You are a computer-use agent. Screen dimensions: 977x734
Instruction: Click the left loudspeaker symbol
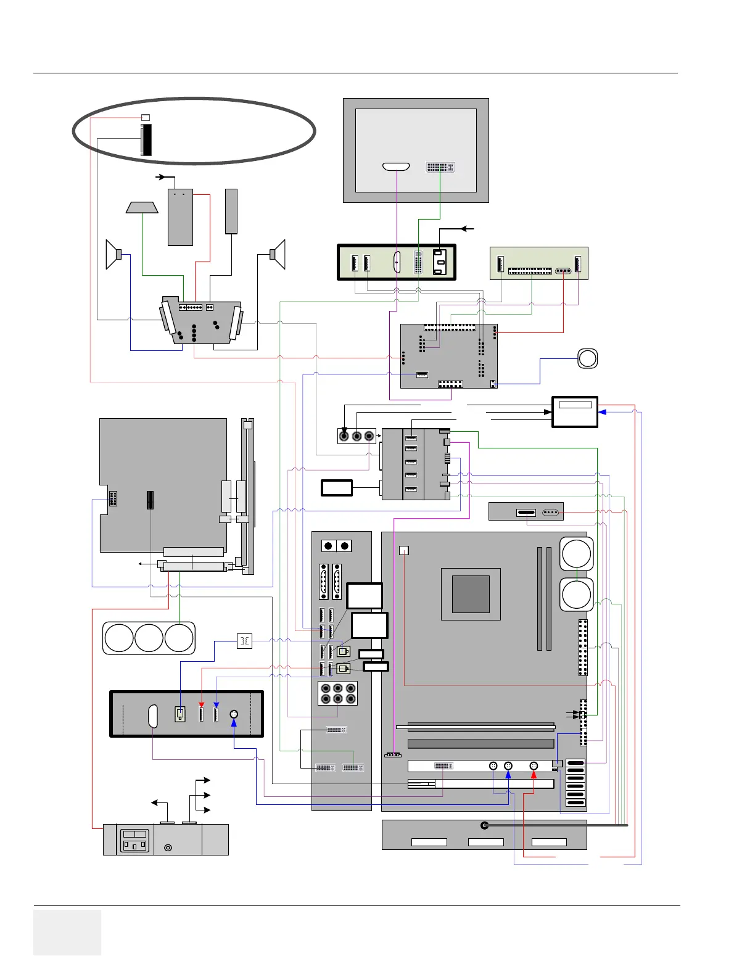(x=113, y=254)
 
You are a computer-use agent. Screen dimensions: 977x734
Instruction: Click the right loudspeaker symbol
(x=278, y=254)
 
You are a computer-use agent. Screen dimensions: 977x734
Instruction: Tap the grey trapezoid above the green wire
(x=142, y=207)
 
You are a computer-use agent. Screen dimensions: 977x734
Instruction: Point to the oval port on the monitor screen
(x=396, y=167)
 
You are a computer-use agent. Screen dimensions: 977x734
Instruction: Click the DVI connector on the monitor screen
(x=440, y=167)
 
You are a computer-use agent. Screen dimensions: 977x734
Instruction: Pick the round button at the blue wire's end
(x=588, y=358)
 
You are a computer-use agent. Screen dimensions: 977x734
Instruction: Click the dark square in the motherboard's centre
(x=471, y=594)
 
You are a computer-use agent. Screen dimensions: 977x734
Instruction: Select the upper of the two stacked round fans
(x=577, y=554)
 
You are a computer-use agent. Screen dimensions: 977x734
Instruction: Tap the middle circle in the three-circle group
(x=149, y=638)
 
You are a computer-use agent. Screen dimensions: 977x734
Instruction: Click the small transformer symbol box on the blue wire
(x=244, y=641)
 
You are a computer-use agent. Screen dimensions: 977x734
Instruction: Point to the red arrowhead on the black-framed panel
(x=201, y=704)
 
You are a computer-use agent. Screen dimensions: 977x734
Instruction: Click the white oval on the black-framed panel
(x=154, y=716)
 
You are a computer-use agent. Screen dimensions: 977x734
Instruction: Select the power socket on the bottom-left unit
(x=134, y=841)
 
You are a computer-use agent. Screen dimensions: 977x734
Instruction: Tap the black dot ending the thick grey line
(x=485, y=825)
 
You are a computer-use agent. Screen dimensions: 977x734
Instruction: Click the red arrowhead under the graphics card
(x=534, y=775)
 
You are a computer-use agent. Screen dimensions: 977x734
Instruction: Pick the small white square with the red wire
(x=404, y=550)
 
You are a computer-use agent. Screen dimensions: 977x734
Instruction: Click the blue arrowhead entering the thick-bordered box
(x=601, y=411)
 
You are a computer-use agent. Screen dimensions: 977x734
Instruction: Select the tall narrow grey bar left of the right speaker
(x=231, y=211)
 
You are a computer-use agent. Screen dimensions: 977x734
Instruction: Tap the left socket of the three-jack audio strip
(x=344, y=436)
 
